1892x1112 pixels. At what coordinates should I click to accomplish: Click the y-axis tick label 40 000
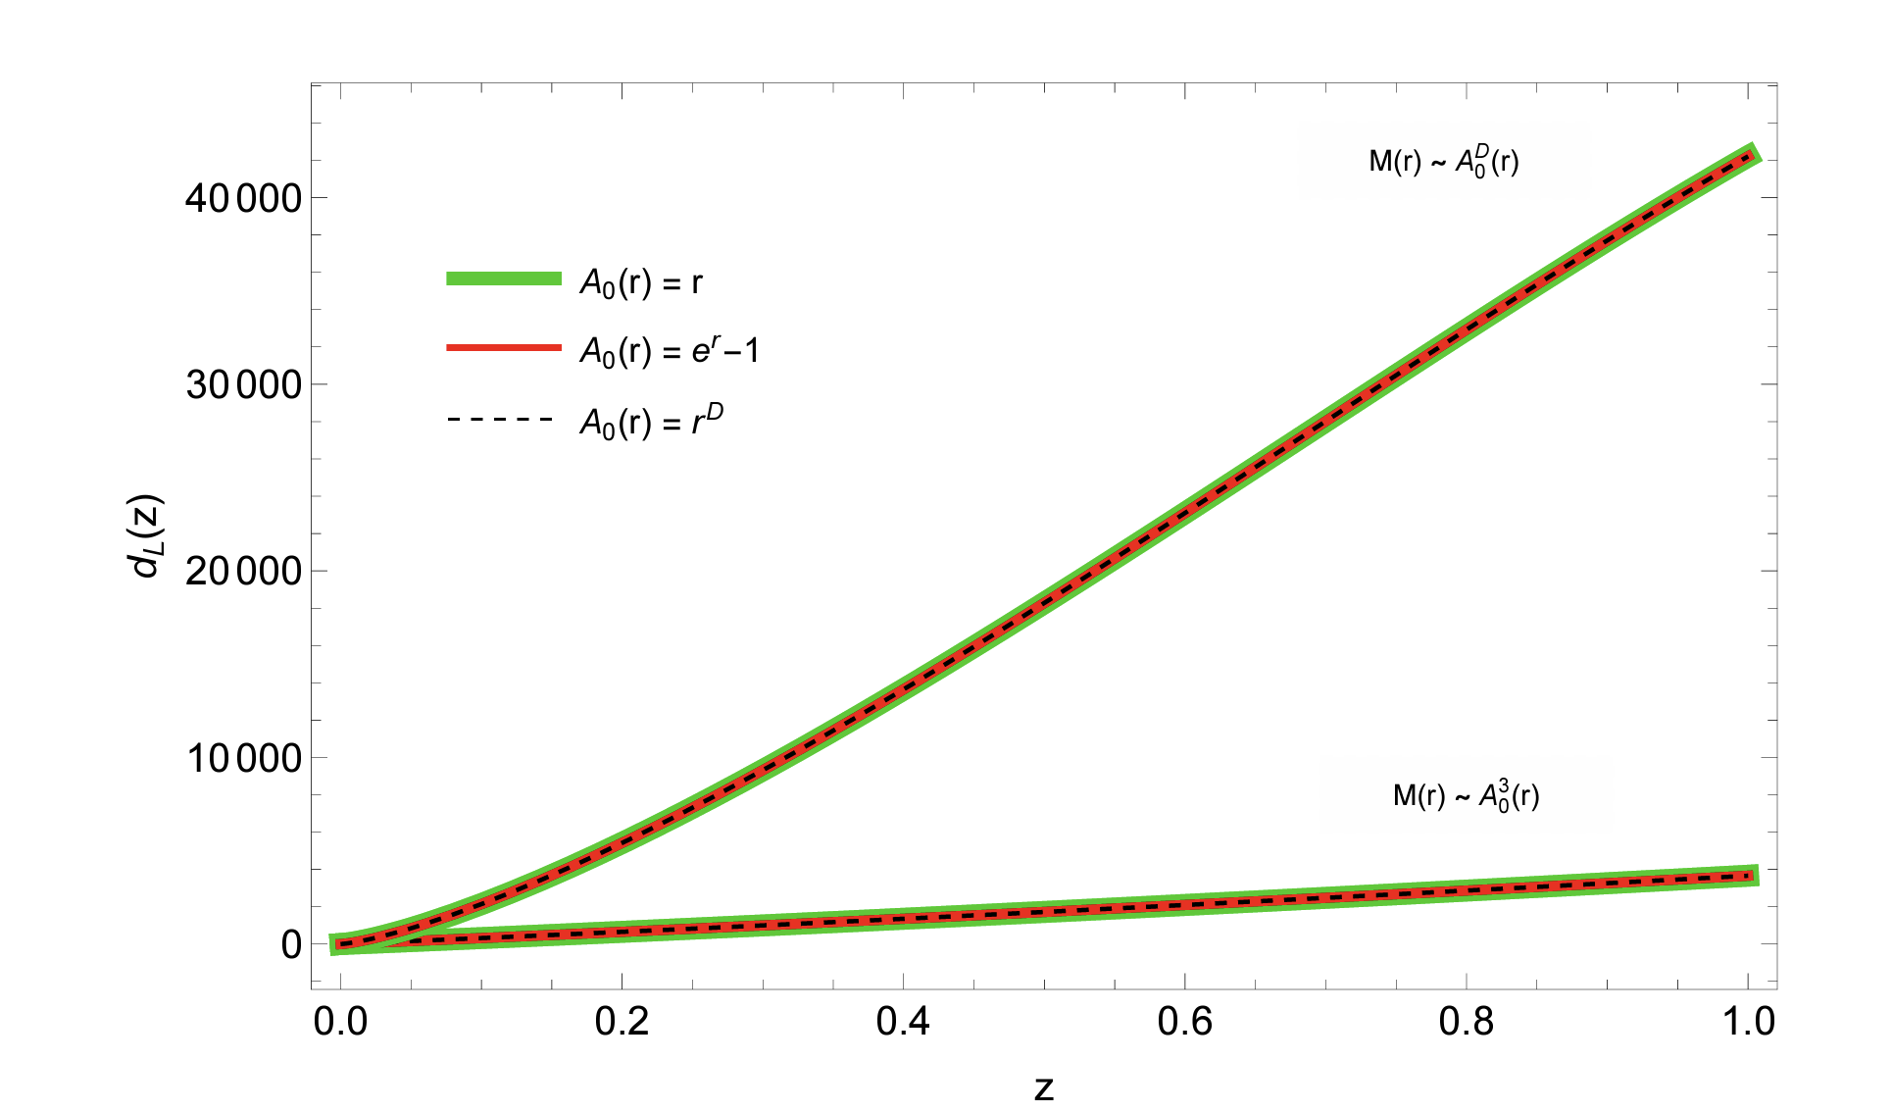coord(242,198)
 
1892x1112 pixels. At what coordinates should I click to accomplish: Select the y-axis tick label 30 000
coord(242,384)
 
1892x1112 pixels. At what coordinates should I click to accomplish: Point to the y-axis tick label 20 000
coord(242,571)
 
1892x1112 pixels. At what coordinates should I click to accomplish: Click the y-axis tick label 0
coord(291,944)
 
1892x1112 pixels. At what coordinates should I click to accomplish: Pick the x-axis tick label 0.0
coord(340,1022)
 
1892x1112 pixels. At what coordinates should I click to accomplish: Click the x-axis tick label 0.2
coord(622,1022)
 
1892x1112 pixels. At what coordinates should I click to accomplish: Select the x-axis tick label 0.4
coord(903,1022)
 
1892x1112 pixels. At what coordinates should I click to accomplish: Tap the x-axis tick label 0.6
coord(1184,1022)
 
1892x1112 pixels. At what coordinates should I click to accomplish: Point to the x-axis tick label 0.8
coord(1466,1022)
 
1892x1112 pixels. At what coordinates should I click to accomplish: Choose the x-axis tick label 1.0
coord(1747,1022)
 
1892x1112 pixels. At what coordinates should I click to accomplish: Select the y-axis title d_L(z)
coord(148,536)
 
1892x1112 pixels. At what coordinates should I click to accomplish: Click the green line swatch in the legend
coord(504,278)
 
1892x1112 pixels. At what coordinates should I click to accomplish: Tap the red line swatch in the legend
coord(504,348)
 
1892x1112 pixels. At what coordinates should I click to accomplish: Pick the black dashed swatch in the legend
coord(504,420)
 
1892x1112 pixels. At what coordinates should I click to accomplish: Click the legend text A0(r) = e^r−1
coord(670,350)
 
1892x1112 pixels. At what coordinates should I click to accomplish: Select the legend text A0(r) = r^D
coord(652,422)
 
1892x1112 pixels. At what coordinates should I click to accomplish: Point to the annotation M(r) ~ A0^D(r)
coord(1444,160)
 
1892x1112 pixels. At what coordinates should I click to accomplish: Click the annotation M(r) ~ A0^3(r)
coord(1466,795)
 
